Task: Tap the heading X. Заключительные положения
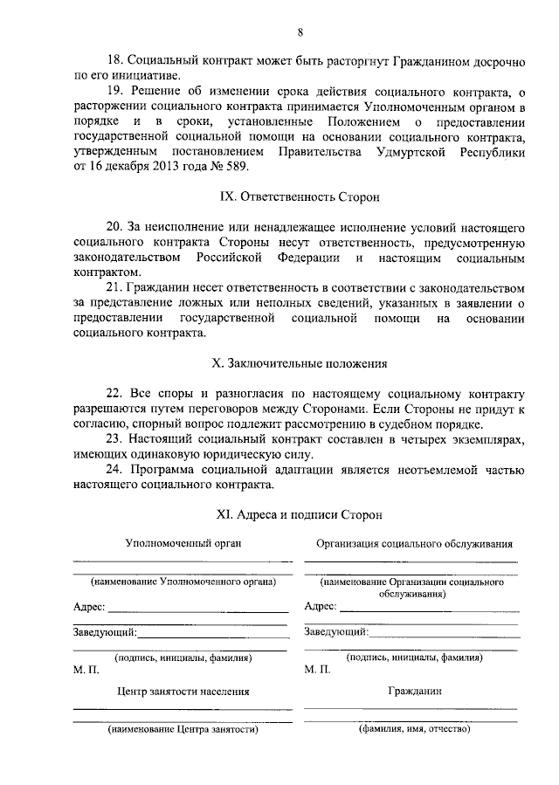tap(300, 362)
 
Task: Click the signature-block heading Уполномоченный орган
tap(183, 543)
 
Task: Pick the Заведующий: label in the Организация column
tap(336, 631)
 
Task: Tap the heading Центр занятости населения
tap(183, 691)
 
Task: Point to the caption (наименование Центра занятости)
tap(183, 729)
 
